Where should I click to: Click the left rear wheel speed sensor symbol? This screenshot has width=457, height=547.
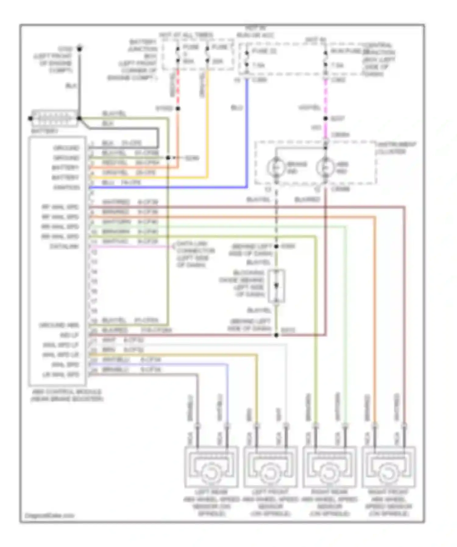tap(211, 467)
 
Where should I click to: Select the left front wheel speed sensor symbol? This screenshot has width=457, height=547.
tap(270, 467)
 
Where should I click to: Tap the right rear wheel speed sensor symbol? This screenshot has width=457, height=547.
tap(329, 467)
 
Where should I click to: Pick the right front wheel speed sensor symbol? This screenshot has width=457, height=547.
tap(388, 467)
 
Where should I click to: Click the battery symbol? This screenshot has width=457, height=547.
tap(54, 118)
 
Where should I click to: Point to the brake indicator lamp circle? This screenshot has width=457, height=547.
tap(276, 167)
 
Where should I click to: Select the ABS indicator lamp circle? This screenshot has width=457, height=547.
tap(325, 167)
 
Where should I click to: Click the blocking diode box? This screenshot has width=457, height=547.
tap(276, 286)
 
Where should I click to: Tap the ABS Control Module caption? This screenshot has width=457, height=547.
tap(67, 395)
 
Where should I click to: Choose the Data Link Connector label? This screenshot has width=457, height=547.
tap(195, 254)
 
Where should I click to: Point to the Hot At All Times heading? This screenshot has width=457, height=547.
tap(186, 35)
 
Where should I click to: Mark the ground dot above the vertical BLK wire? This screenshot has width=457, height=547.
tap(79, 48)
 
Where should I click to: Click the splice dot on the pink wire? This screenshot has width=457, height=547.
tap(325, 119)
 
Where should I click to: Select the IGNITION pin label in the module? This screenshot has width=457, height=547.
tap(66, 187)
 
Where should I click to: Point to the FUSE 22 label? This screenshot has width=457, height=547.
tap(264, 51)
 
